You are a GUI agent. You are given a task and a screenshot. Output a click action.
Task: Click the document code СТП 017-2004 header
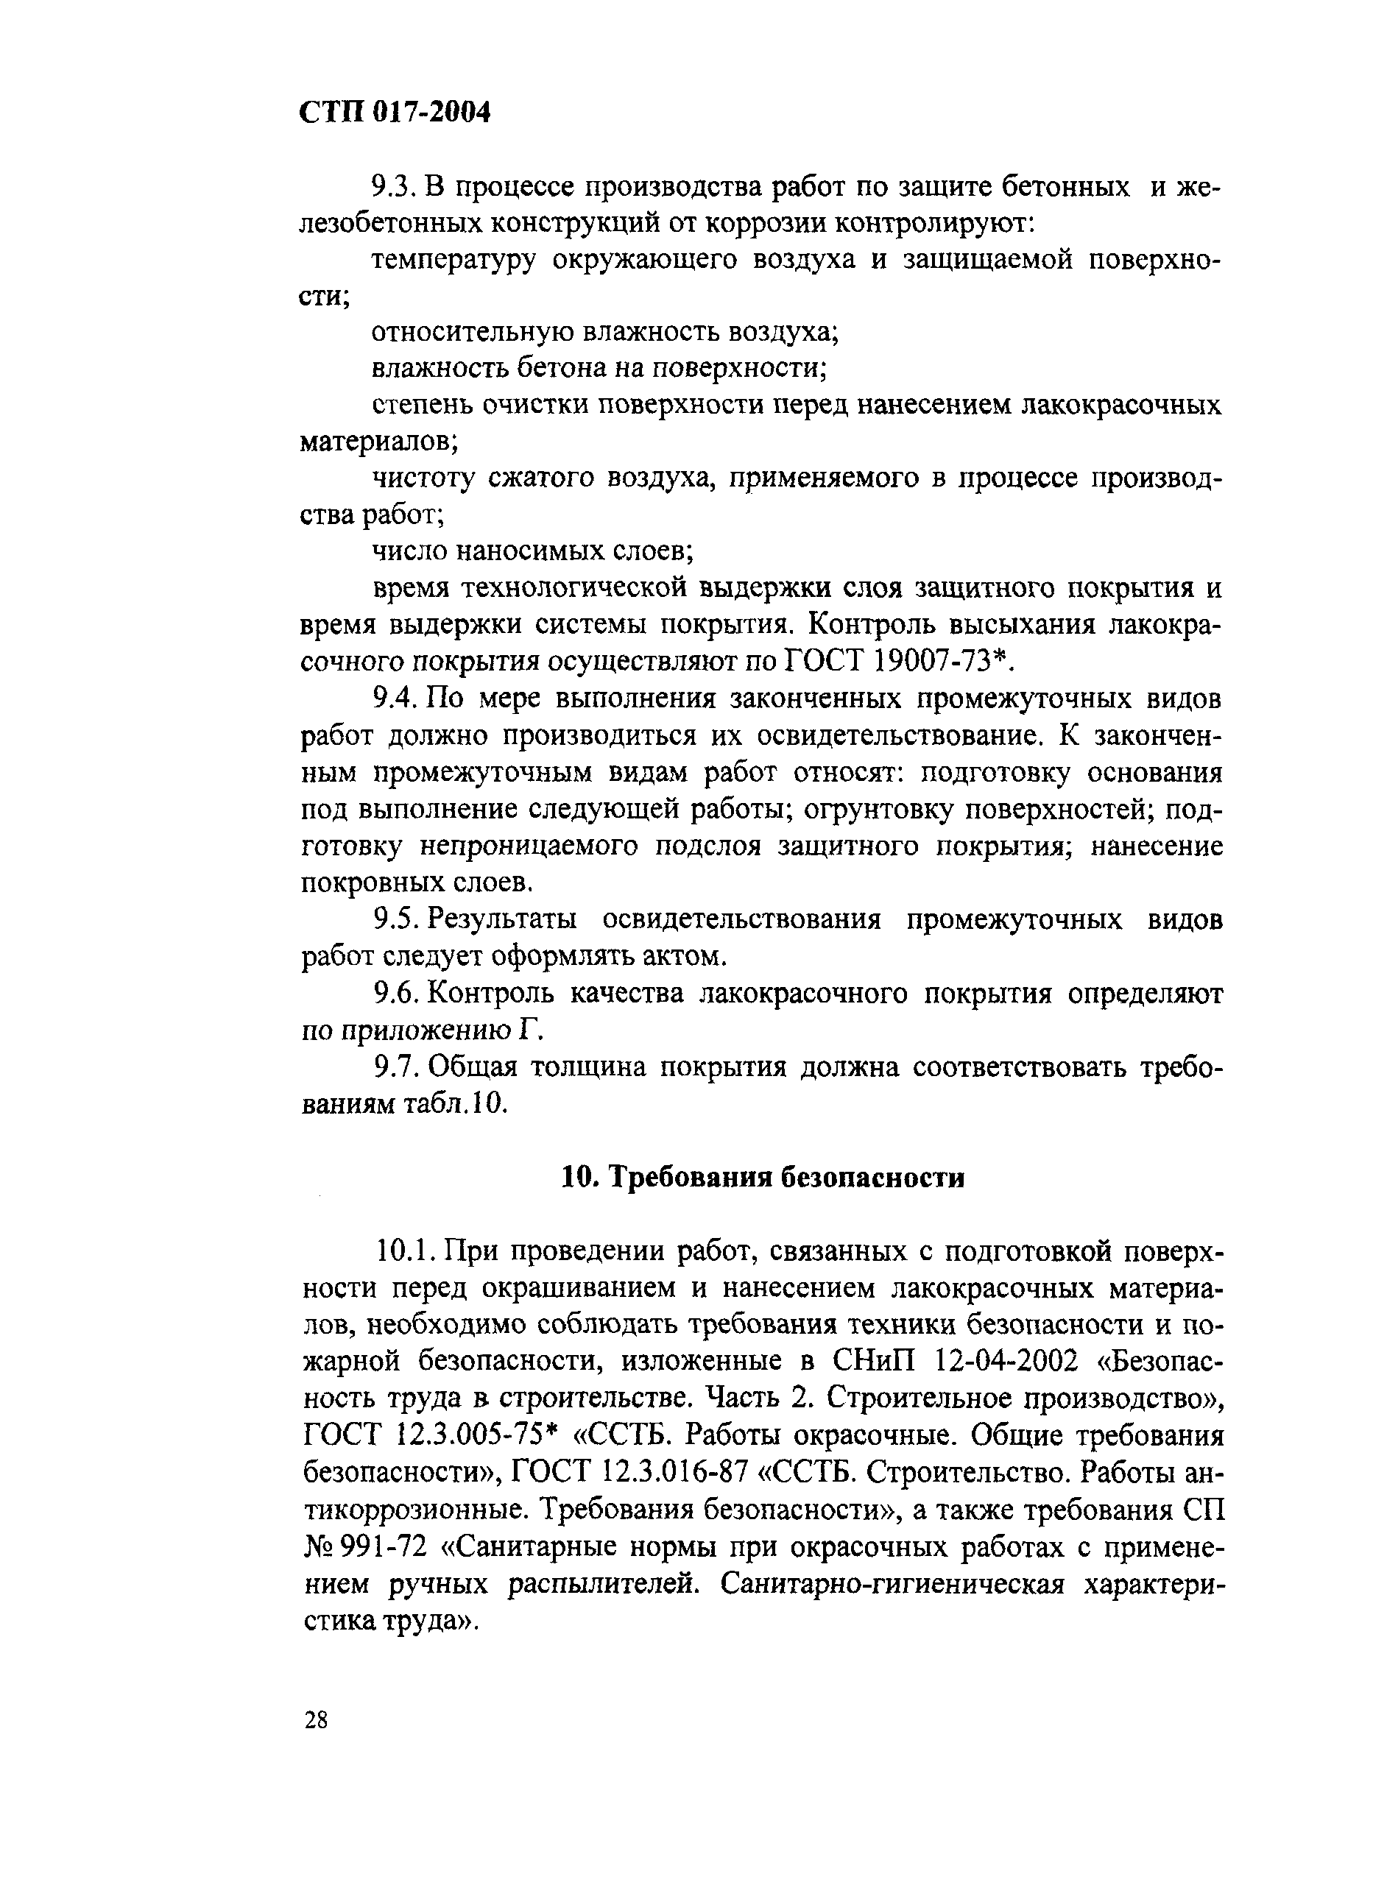[395, 111]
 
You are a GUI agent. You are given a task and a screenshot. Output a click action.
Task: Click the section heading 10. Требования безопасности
[763, 1178]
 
